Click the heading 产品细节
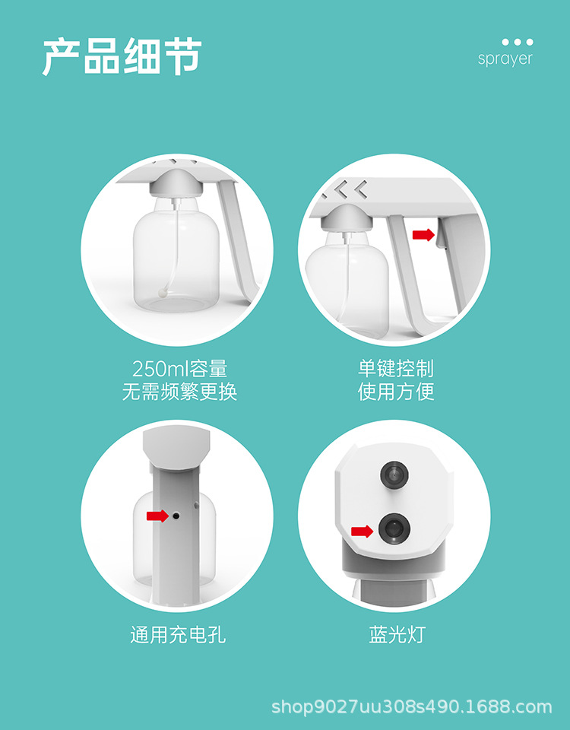point(122,56)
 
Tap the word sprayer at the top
point(505,59)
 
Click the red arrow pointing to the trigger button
point(423,235)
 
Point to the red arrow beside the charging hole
point(157,516)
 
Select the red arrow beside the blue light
point(362,532)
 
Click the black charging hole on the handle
point(176,516)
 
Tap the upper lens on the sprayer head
point(394,474)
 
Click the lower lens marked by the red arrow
point(394,528)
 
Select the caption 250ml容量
point(179,370)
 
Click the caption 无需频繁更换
point(179,392)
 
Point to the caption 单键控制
point(396,369)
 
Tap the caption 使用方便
point(396,392)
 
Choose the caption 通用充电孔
point(178,634)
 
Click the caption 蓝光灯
point(397,634)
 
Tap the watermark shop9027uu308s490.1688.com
point(411,706)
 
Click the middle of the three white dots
point(518,42)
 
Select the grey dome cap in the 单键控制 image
point(347,218)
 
